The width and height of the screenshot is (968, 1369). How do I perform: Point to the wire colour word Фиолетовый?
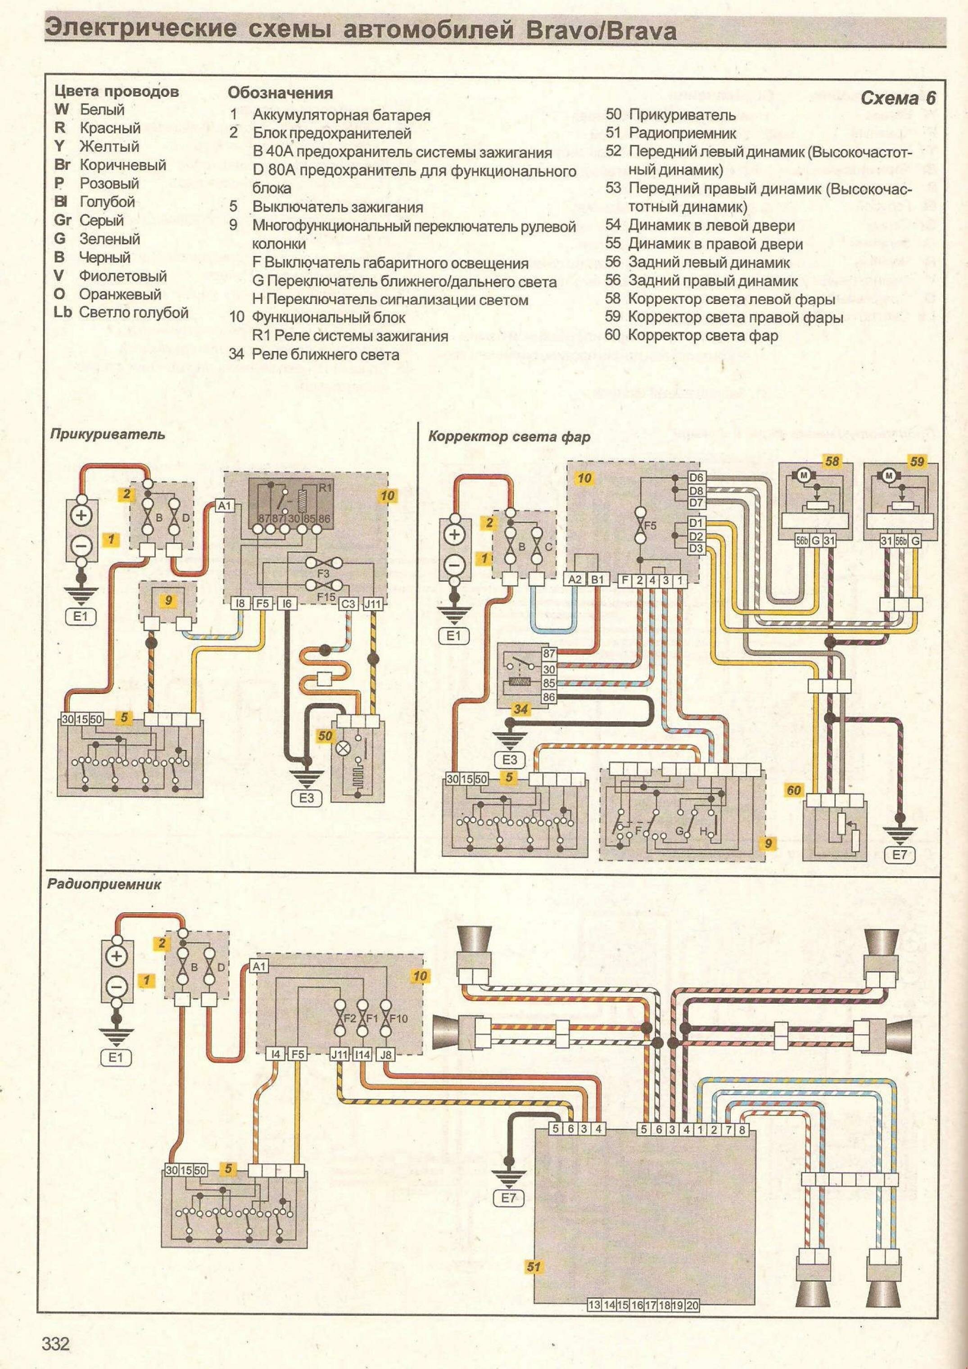pyautogui.click(x=123, y=276)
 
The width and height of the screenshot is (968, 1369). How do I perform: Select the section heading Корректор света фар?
pyautogui.click(x=509, y=436)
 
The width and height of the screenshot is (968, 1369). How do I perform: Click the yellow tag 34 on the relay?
pyautogui.click(x=520, y=710)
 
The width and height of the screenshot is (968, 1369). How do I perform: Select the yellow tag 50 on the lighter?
pyautogui.click(x=325, y=736)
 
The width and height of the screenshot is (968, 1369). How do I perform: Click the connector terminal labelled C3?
pyautogui.click(x=348, y=604)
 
